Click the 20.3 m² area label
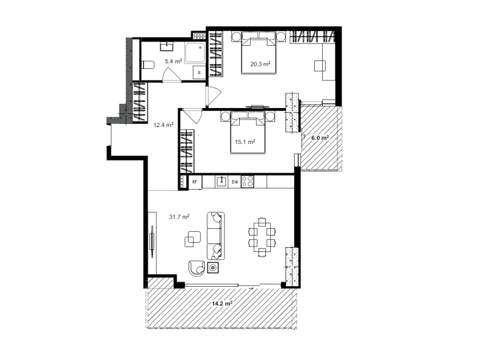click(260, 64)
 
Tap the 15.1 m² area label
click(245, 142)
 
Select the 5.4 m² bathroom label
click(173, 62)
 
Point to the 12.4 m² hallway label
click(163, 125)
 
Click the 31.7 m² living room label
click(179, 217)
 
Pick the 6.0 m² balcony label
click(320, 138)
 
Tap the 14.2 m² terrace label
click(222, 304)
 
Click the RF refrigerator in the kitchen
click(195, 182)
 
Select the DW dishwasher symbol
click(235, 182)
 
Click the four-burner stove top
click(248, 182)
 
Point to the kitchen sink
click(221, 181)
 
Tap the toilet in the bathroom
click(148, 65)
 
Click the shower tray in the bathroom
click(195, 53)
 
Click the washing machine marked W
click(199, 73)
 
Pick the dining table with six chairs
click(262, 237)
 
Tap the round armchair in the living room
click(196, 268)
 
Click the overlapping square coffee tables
click(193, 239)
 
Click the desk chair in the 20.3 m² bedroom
click(320, 66)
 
